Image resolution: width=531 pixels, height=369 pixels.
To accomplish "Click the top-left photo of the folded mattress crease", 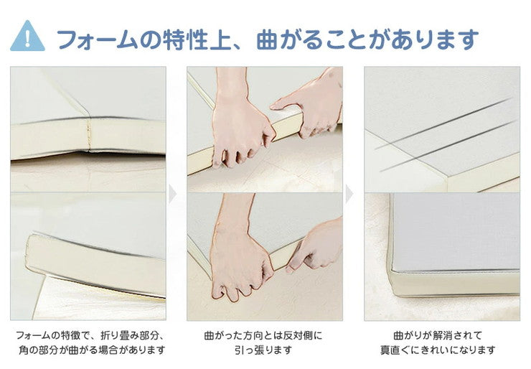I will click(88, 129).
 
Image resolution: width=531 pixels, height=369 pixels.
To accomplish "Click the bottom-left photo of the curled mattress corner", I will click(88, 256).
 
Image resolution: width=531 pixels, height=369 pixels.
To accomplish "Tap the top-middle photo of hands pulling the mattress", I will click(265, 129).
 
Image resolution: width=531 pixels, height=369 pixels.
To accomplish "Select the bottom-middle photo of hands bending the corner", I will click(265, 256).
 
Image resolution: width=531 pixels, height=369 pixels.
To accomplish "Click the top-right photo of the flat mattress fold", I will click(441, 129).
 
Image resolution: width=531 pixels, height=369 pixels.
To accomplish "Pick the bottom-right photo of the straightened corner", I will click(441, 256).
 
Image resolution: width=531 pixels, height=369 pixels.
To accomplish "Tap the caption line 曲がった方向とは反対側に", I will click(263, 336).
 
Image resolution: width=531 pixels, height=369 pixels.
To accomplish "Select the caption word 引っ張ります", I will click(263, 350).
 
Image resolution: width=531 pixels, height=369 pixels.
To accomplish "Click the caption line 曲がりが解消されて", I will click(438, 336).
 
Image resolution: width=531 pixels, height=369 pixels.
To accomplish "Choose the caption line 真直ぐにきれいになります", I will click(438, 350).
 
